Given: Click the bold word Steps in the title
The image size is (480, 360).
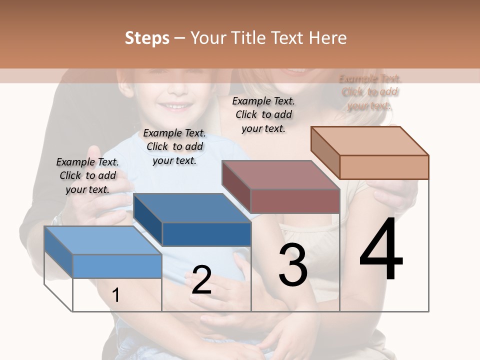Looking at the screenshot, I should coord(147,38).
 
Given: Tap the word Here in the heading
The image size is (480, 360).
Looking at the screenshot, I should coord(327,38).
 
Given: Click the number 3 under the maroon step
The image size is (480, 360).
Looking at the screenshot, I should coord(293,265).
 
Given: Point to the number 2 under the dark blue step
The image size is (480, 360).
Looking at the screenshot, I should coord(201,280).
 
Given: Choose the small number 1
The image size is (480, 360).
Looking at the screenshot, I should coord(115,295).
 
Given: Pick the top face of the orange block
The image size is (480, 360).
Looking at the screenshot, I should coord(370,141).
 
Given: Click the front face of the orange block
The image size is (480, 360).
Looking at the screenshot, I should coord(384,167).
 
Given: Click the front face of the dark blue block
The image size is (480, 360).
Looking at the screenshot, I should coord(206,234).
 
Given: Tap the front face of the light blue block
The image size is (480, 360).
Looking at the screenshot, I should coord(117,266).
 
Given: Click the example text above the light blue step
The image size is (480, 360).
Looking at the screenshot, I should coord(87,175).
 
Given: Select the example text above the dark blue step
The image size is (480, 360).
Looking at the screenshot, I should coord(174,146).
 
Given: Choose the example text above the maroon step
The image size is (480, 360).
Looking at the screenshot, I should coord(263,114).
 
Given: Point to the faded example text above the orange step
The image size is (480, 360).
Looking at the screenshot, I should coord(370,92).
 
